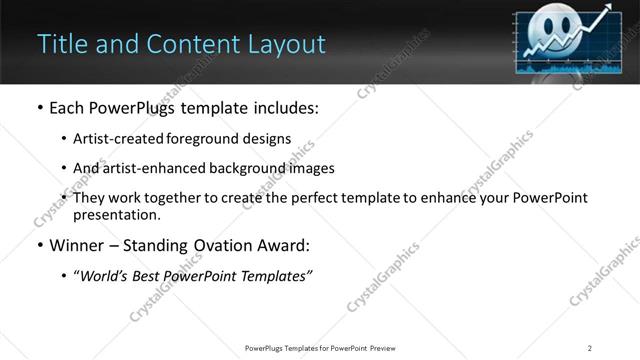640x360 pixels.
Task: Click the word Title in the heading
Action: coord(60,44)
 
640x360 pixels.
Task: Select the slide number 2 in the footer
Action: coord(590,347)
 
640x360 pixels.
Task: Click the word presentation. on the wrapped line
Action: coord(116,215)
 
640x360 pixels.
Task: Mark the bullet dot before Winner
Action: coord(39,245)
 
